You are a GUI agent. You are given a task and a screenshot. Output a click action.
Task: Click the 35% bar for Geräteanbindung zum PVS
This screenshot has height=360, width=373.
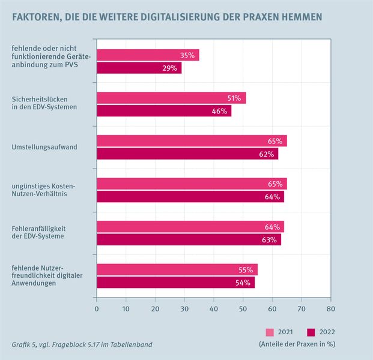click(x=147, y=55)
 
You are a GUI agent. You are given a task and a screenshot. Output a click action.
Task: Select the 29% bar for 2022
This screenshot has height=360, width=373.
click(x=139, y=68)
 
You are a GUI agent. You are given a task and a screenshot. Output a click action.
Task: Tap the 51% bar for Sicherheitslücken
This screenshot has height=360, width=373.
click(x=171, y=98)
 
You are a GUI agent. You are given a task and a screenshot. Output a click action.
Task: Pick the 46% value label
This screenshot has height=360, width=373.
click(x=219, y=111)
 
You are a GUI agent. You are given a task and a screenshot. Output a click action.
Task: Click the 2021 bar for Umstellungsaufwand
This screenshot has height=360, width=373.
click(x=191, y=141)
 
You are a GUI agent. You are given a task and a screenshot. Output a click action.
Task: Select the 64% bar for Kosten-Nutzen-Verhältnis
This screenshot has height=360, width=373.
click(x=190, y=197)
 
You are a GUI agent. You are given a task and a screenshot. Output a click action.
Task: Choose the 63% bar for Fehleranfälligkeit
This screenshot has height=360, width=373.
click(x=189, y=240)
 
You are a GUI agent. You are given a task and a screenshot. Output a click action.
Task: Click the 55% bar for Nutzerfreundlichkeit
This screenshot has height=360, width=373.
click(x=177, y=270)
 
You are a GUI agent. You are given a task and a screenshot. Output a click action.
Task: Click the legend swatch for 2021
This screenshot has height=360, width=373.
click(x=270, y=332)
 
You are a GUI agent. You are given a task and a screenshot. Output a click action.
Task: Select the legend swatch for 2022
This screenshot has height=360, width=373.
click(x=311, y=332)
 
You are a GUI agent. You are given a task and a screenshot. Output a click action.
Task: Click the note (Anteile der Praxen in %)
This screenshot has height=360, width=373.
click(x=296, y=344)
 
